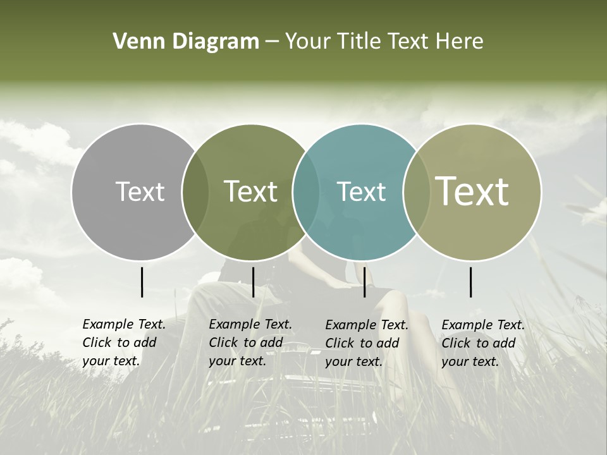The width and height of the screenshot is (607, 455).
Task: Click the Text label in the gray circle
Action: click(x=140, y=191)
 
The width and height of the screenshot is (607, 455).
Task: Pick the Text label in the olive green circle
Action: click(x=251, y=191)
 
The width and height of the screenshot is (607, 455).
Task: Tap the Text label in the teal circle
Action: click(x=361, y=191)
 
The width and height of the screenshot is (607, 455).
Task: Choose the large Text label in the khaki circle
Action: click(x=472, y=191)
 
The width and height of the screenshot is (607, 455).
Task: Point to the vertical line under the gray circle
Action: click(x=142, y=282)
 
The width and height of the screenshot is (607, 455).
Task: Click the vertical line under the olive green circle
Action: click(x=253, y=282)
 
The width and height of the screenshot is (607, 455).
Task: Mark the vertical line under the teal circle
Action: click(x=364, y=282)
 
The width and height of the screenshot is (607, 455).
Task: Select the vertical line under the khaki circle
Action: click(x=470, y=282)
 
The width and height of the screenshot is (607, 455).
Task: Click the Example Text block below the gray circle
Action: click(x=124, y=343)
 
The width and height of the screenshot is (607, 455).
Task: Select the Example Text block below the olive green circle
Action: click(x=250, y=343)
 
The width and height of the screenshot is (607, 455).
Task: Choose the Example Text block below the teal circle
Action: click(x=367, y=343)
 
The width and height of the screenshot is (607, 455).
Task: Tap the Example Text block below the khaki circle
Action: click(x=483, y=343)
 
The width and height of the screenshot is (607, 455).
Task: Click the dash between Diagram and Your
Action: click(x=272, y=42)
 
